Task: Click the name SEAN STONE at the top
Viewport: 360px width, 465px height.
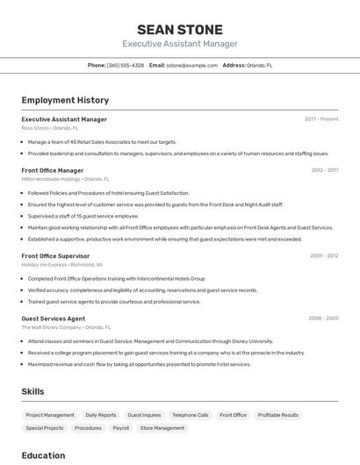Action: (180, 29)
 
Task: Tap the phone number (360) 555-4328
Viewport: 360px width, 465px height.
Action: (126, 65)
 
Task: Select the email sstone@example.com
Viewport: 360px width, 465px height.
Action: (191, 65)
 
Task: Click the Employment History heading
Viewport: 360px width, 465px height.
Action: (65, 100)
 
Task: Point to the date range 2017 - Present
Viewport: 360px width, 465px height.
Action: (321, 118)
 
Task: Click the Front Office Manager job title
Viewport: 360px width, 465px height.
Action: (53, 170)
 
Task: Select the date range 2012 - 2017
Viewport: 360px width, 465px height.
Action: (325, 170)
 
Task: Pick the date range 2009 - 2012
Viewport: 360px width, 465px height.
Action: (324, 255)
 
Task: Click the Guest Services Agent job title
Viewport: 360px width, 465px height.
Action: (54, 318)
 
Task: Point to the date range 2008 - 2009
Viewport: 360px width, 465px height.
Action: (324, 318)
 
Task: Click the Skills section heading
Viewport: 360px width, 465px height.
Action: (33, 391)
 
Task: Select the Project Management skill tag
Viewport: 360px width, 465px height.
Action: (50, 415)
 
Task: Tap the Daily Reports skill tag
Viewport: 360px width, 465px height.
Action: (101, 415)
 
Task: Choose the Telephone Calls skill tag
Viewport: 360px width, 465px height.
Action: (191, 415)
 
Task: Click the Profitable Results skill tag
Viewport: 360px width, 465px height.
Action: (278, 415)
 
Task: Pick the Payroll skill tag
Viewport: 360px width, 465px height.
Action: (121, 428)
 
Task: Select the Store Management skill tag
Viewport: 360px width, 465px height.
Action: (162, 428)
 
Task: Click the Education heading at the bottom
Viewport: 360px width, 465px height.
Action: (43, 455)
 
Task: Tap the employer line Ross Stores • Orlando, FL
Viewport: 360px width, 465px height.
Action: (50, 128)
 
